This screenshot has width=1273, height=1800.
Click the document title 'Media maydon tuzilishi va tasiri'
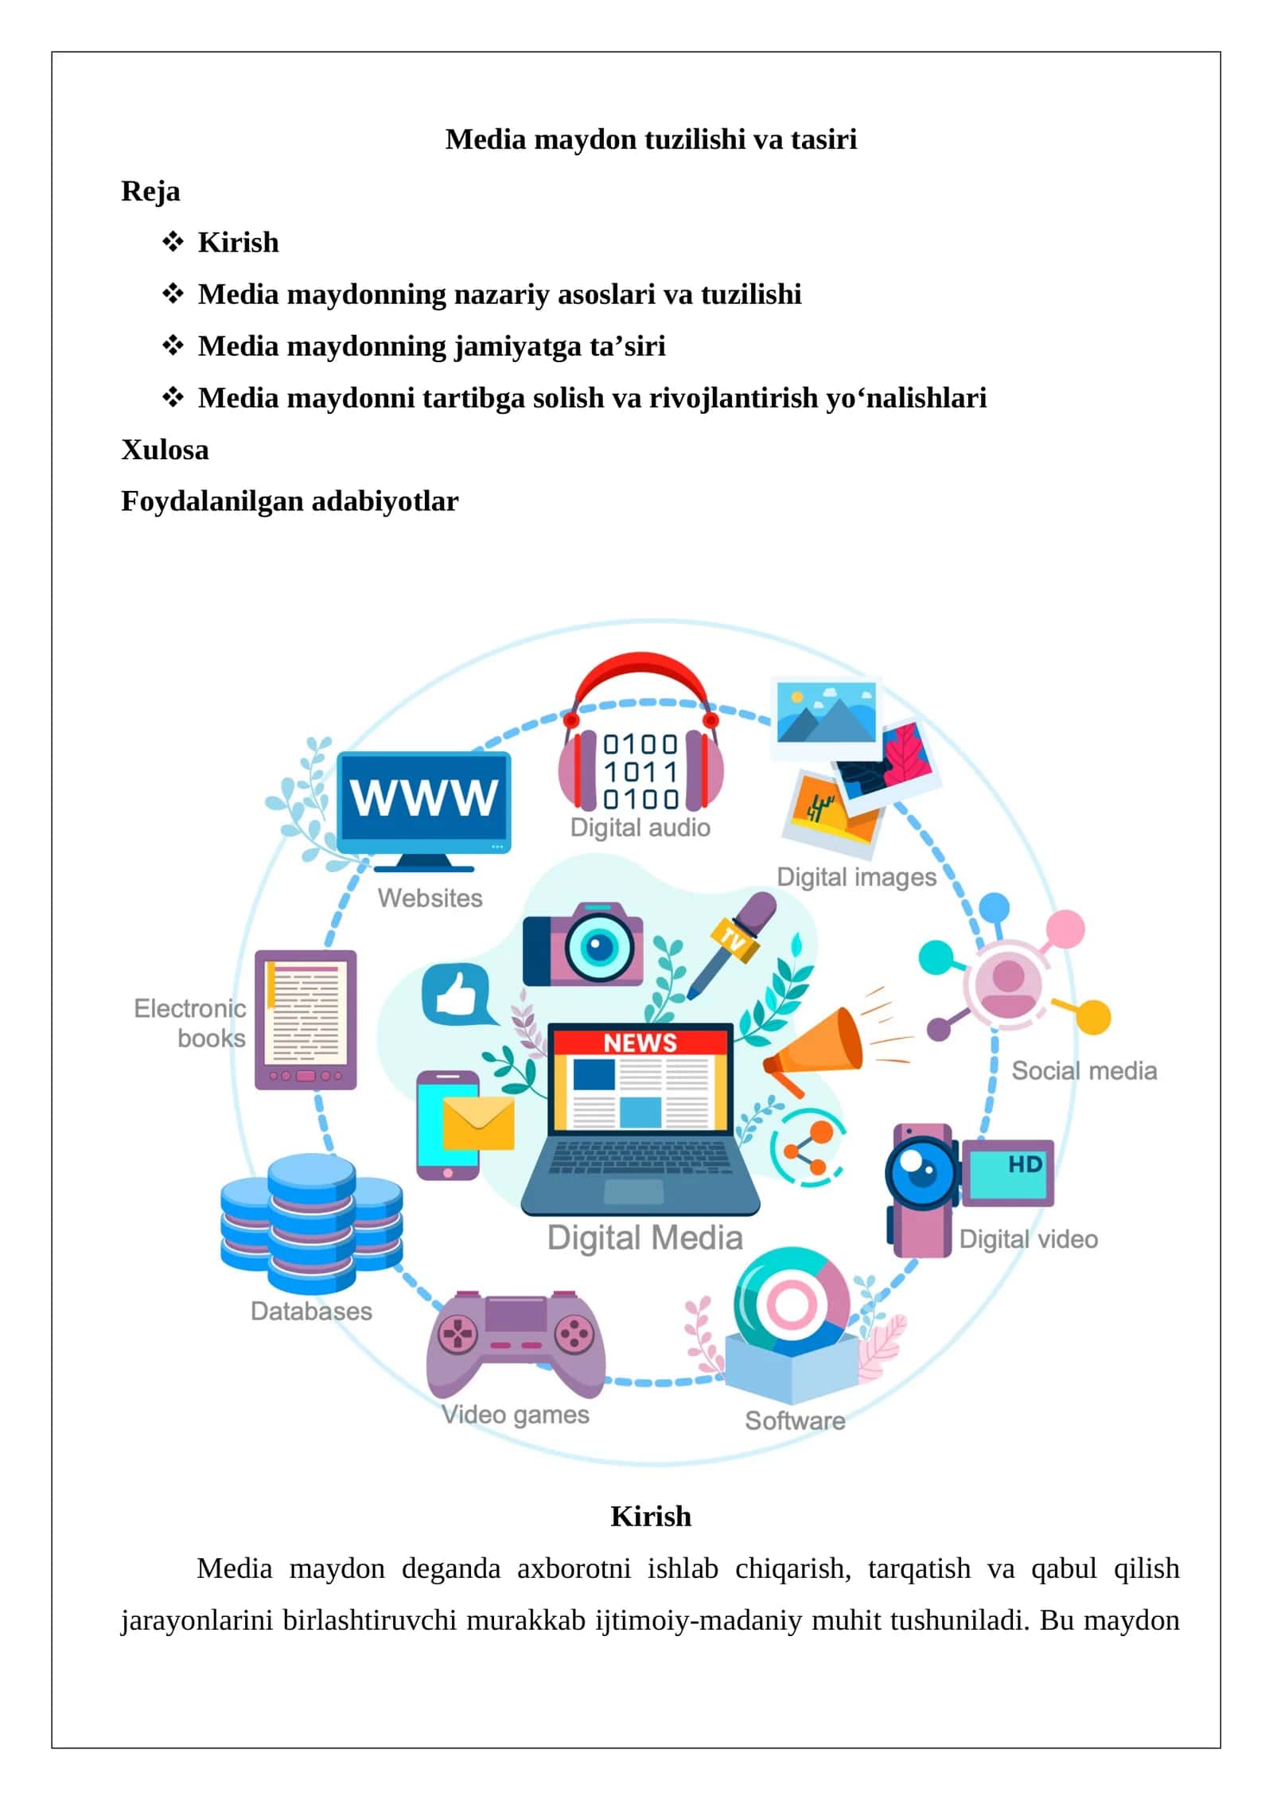[651, 139]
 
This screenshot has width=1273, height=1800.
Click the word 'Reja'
[150, 192]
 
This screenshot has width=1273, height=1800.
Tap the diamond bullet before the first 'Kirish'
[173, 241]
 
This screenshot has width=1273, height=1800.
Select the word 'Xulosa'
[165, 450]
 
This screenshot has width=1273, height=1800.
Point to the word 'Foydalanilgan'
[212, 501]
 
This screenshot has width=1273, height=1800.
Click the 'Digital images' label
[856, 877]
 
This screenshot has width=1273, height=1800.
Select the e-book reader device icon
[306, 1019]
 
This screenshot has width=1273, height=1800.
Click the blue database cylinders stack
[311, 1223]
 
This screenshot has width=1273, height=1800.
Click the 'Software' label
[795, 1420]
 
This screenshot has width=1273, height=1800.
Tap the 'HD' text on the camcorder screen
[1025, 1165]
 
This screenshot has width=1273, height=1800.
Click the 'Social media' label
[1084, 1071]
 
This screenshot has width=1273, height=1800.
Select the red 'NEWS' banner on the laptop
[640, 1042]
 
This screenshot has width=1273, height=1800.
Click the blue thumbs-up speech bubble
[458, 995]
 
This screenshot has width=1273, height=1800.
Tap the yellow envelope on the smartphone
[478, 1123]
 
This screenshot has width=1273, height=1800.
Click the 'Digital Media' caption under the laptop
[644, 1238]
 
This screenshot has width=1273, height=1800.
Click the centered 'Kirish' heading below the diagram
[651, 1516]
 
